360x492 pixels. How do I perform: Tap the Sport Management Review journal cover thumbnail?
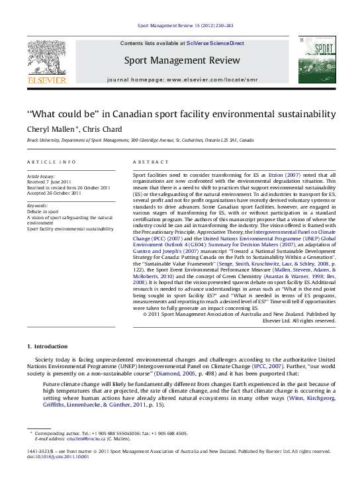pos(316,60)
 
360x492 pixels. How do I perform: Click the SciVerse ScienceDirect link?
pos(215,43)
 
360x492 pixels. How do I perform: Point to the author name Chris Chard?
pos(102,129)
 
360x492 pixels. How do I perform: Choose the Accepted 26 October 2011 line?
pos(54,193)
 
